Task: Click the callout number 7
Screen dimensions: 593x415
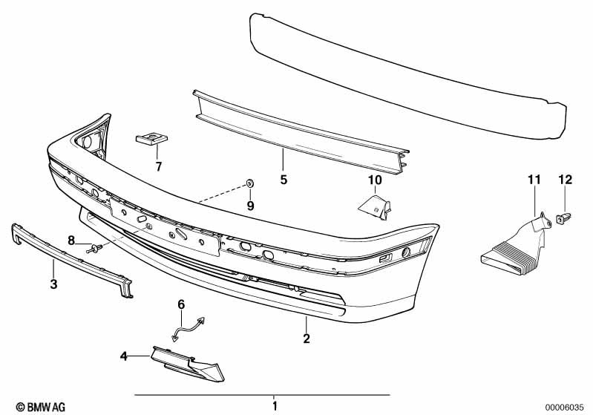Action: click(159, 166)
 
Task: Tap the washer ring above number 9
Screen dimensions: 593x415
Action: click(249, 183)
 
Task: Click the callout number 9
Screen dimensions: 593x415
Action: click(250, 206)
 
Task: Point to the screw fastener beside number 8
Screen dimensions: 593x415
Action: click(94, 249)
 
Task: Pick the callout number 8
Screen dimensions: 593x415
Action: click(71, 240)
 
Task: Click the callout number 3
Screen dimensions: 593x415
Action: click(53, 284)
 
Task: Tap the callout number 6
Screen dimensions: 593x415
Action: click(182, 304)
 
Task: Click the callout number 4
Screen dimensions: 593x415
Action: click(124, 356)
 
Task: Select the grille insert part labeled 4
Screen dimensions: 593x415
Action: click(188, 364)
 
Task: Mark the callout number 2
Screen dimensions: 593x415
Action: click(307, 339)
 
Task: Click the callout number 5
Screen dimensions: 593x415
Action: click(284, 180)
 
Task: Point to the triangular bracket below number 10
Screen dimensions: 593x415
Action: click(375, 206)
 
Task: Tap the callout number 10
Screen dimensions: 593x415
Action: click(375, 180)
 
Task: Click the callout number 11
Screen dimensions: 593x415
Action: click(534, 180)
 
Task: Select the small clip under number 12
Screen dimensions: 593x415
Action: click(563, 218)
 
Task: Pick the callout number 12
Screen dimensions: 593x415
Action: click(566, 180)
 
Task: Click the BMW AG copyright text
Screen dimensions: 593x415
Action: click(41, 407)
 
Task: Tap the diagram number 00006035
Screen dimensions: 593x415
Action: click(567, 408)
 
